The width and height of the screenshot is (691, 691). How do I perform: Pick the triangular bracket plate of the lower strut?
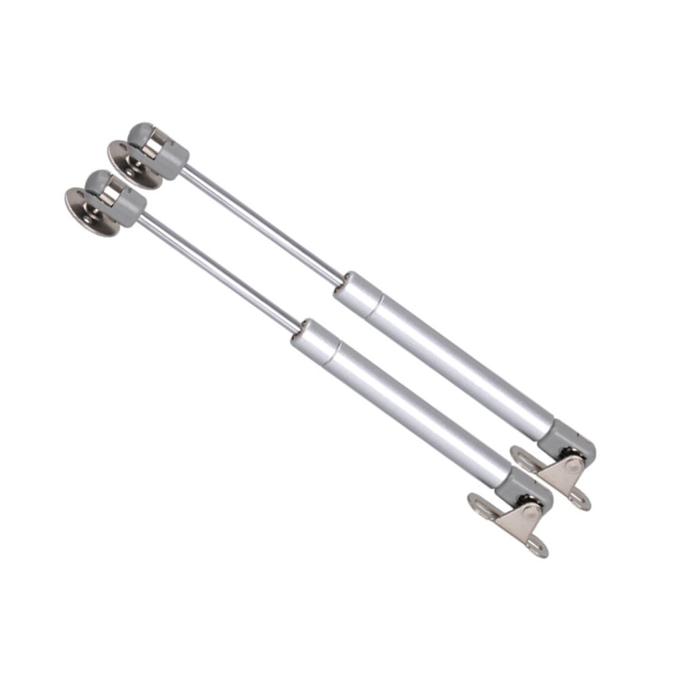click(x=522, y=520)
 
